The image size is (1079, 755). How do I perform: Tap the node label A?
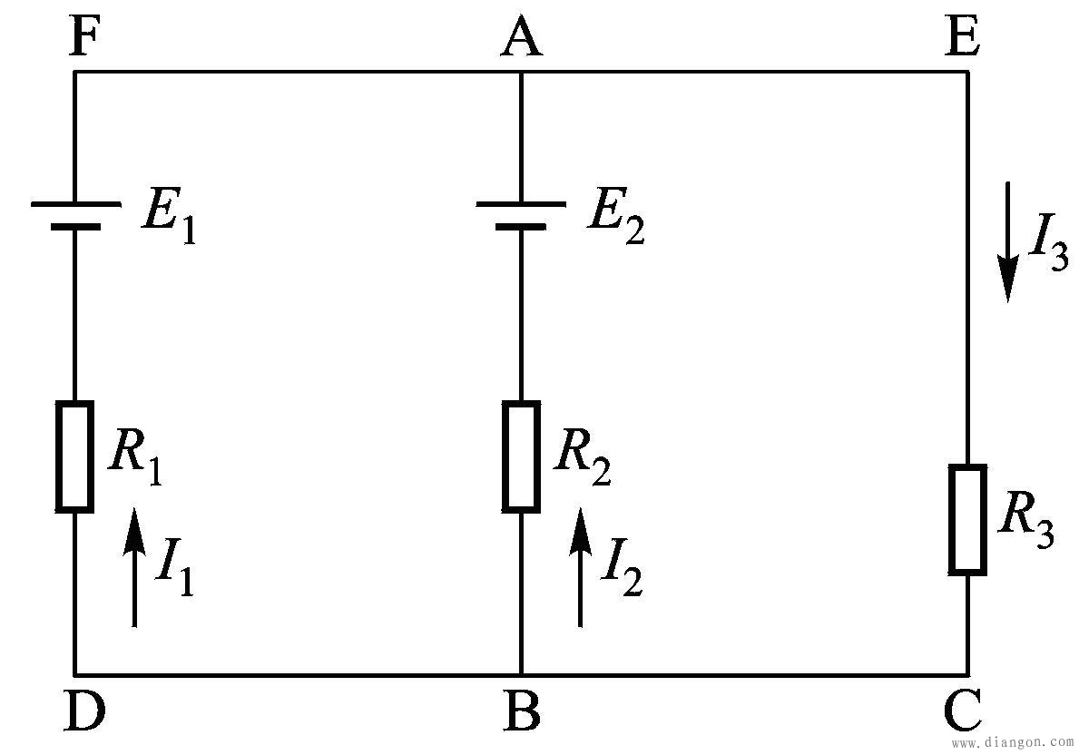[x=522, y=39]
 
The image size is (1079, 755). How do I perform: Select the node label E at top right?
[x=961, y=39]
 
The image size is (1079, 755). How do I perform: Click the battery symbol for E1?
[x=75, y=214]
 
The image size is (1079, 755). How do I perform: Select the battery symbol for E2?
[x=521, y=214]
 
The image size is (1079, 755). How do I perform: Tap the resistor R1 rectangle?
[x=75, y=456]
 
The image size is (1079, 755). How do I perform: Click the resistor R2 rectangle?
[x=521, y=456]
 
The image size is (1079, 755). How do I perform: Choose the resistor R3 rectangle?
[x=967, y=519]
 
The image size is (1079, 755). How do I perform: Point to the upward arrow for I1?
[x=134, y=567]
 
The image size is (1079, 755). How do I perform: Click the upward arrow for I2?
[x=580, y=567]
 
